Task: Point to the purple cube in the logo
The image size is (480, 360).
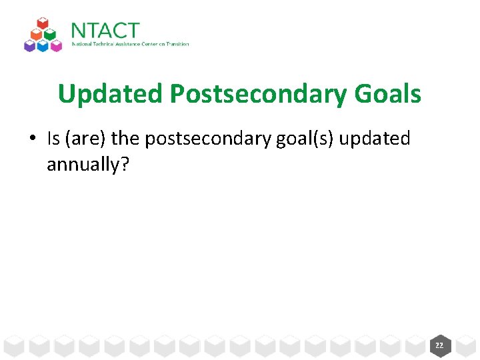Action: point(29,45)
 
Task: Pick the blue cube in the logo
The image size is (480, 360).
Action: point(43,45)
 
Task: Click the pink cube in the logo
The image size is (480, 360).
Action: point(58,45)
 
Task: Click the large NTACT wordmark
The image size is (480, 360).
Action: point(105,31)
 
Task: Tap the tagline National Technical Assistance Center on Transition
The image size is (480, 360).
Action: point(131,45)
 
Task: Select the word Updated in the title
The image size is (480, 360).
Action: point(110,94)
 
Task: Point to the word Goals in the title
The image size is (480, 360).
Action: point(388,94)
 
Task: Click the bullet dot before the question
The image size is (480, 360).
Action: point(32,139)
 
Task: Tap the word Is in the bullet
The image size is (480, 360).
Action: point(53,139)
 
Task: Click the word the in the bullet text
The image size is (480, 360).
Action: point(126,139)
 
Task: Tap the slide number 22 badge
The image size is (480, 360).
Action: point(439,345)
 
